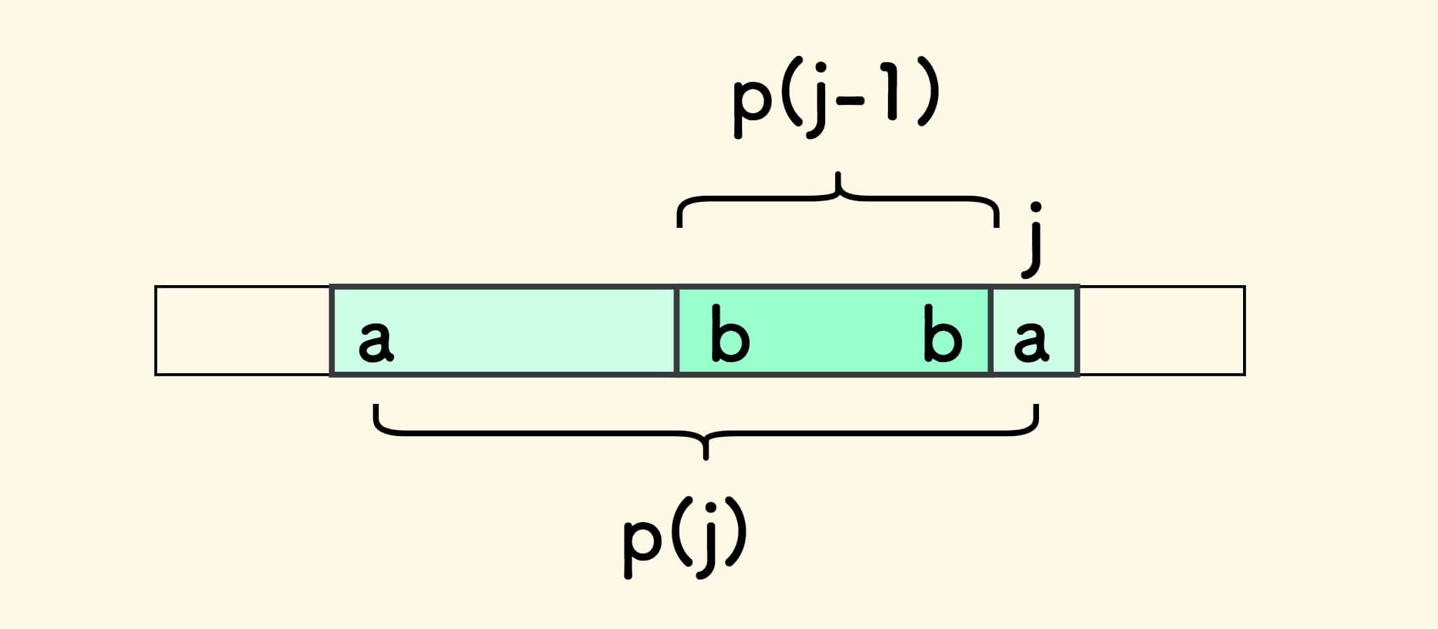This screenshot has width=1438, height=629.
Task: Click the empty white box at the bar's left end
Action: [x=242, y=331]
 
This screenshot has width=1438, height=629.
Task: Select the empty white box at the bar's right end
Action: [x=1162, y=331]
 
